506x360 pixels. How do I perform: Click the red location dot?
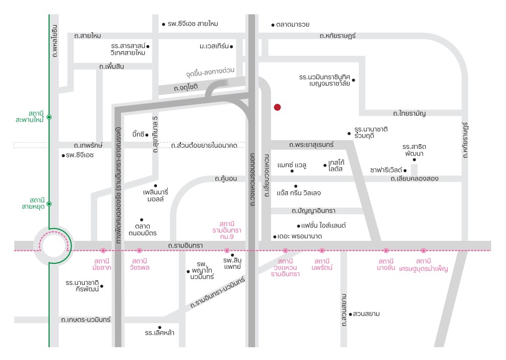coord(277,107)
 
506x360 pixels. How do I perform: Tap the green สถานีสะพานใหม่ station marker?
coord(49,117)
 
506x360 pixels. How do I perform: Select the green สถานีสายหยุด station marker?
coord(49,204)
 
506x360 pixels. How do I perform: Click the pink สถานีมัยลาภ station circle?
coord(103,251)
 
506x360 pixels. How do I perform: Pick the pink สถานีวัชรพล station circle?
coord(140,251)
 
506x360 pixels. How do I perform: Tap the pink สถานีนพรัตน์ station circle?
coord(321,251)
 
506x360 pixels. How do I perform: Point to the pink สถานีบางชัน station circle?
coord(386,251)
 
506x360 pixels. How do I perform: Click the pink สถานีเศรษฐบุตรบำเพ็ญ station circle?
coord(423,251)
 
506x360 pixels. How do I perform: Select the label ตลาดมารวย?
coord(293,25)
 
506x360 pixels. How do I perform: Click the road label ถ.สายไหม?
coord(87,36)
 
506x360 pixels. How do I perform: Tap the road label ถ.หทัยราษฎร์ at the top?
coord(337,36)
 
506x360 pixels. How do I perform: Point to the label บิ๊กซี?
coord(138,134)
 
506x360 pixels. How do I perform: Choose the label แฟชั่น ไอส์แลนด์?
coord(324,226)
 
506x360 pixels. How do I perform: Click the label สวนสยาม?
coord(366,314)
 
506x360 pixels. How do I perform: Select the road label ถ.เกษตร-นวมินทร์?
coord(86,320)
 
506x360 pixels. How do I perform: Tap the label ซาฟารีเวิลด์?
coord(386,170)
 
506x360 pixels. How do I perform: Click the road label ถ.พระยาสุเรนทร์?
coord(311,145)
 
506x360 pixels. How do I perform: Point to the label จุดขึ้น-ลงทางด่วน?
coord(210,72)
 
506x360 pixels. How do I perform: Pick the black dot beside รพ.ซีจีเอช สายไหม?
coord(164,24)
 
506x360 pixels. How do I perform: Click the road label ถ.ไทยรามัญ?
coord(409,114)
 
